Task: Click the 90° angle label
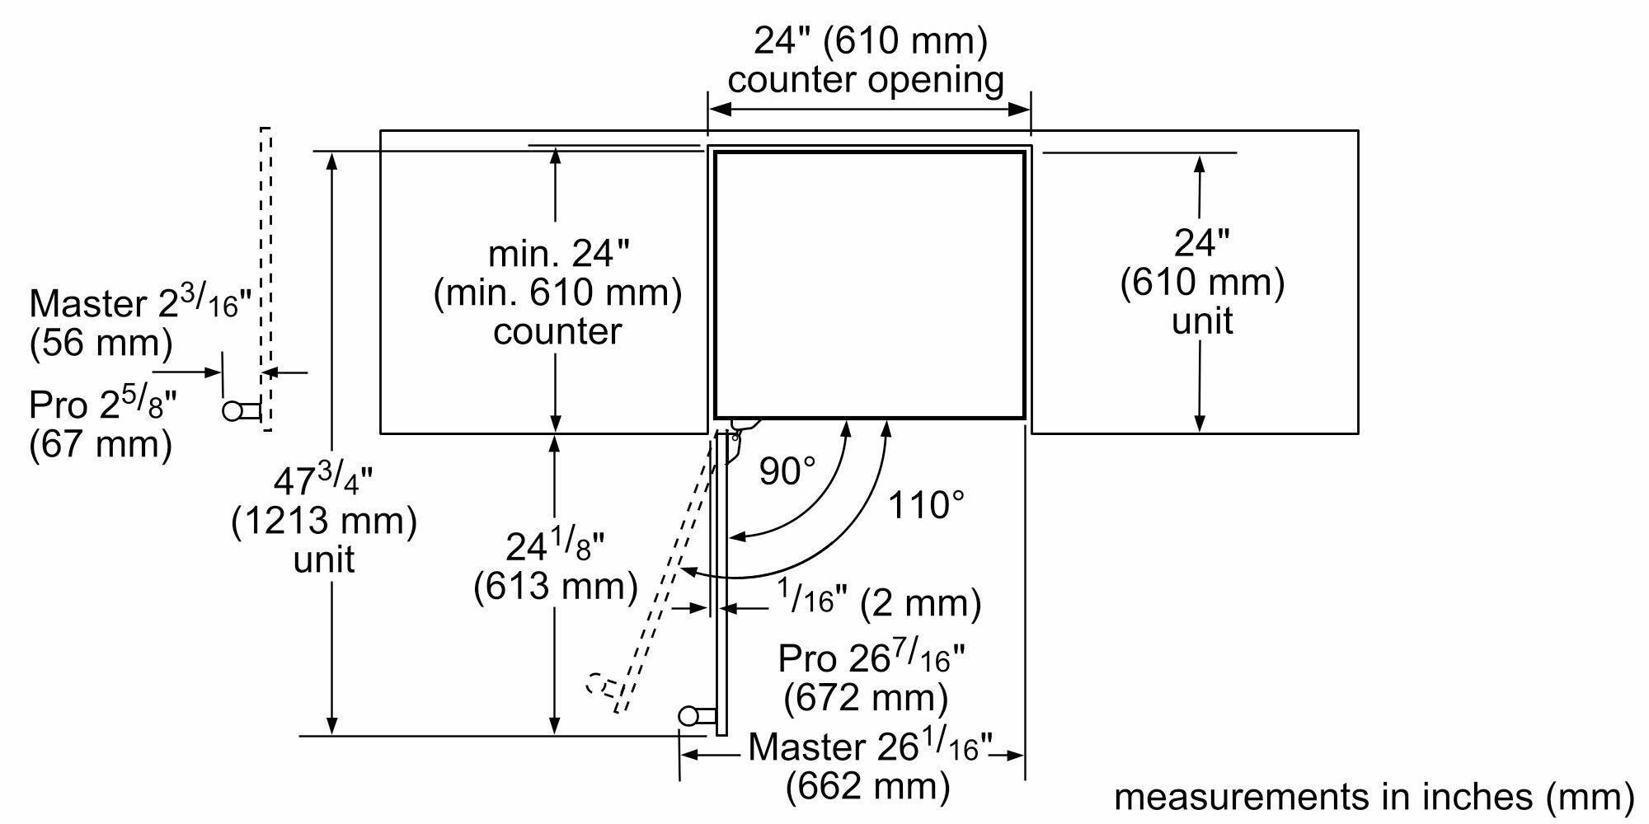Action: click(787, 471)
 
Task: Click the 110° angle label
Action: click(925, 504)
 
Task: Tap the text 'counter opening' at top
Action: click(866, 80)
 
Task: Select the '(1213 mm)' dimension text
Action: click(324, 521)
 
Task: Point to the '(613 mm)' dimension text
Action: click(556, 586)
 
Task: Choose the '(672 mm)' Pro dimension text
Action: click(866, 698)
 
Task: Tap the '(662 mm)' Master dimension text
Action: click(867, 785)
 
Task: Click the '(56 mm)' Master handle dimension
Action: click(101, 343)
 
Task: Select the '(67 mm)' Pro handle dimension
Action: click(101, 445)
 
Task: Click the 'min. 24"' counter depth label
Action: click(558, 253)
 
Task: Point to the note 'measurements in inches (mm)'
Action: click(1374, 796)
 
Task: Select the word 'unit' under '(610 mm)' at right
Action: click(1202, 321)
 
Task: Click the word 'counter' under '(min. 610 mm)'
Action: click(557, 331)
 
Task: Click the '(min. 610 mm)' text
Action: click(557, 293)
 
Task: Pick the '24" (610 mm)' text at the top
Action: click(870, 40)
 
